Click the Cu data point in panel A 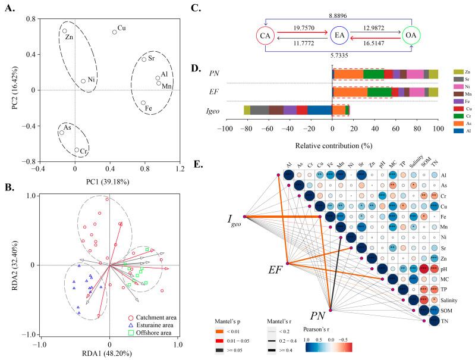[115, 32]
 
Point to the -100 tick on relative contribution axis [225, 129]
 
